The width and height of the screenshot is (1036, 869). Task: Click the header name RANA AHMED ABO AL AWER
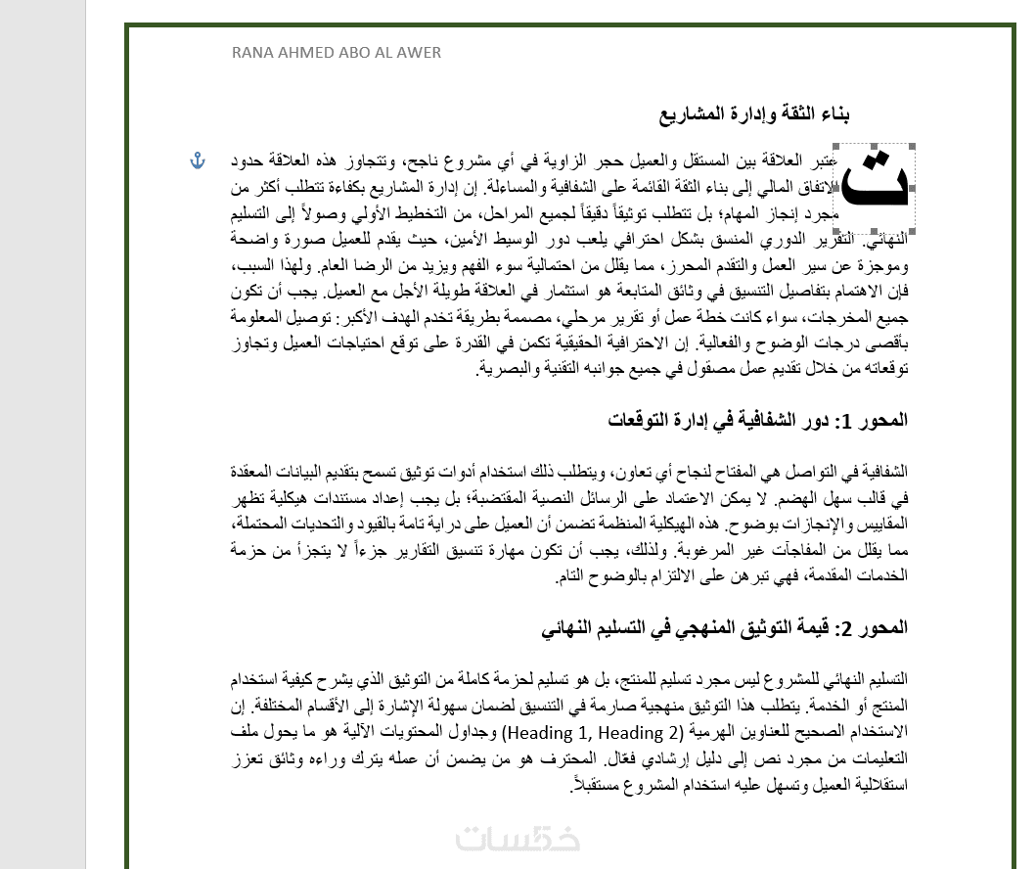tap(337, 53)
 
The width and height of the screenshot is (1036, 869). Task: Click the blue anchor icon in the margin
tap(198, 160)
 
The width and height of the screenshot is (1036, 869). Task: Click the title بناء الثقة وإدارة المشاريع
tap(754, 114)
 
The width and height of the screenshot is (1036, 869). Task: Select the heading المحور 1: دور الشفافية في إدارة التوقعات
tap(757, 420)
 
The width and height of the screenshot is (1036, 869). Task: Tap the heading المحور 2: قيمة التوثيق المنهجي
tap(725, 627)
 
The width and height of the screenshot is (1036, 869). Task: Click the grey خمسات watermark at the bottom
tap(518, 839)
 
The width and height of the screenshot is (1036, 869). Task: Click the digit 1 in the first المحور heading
tap(848, 421)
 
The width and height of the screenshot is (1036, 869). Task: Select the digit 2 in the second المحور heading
tap(847, 628)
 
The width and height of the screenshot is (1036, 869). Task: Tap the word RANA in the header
tap(252, 53)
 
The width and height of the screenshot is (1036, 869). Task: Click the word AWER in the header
tap(420, 53)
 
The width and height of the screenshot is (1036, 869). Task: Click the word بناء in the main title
tap(832, 114)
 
